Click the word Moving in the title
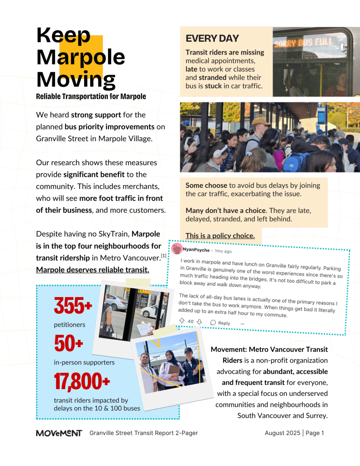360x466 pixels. pos(76,79)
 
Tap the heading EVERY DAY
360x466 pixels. pos(212,38)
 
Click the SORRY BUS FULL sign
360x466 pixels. pos(304,43)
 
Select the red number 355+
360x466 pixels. pos(73,306)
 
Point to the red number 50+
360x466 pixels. pos(69,344)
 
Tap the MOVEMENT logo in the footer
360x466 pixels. pos(59,433)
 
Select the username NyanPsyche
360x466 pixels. pos(196,250)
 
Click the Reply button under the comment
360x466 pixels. pos(220,323)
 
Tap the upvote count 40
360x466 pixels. pos(191,322)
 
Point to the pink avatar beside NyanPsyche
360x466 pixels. pos(177,249)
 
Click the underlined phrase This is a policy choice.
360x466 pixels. pos(220,236)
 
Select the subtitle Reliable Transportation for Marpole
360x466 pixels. pos(91,96)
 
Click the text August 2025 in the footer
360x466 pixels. pos(282,433)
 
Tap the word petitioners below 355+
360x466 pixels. pos(69,325)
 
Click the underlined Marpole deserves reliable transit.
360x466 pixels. pos(92,270)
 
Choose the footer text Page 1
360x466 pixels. pos(314,433)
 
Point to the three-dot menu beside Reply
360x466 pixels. pos(243,323)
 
